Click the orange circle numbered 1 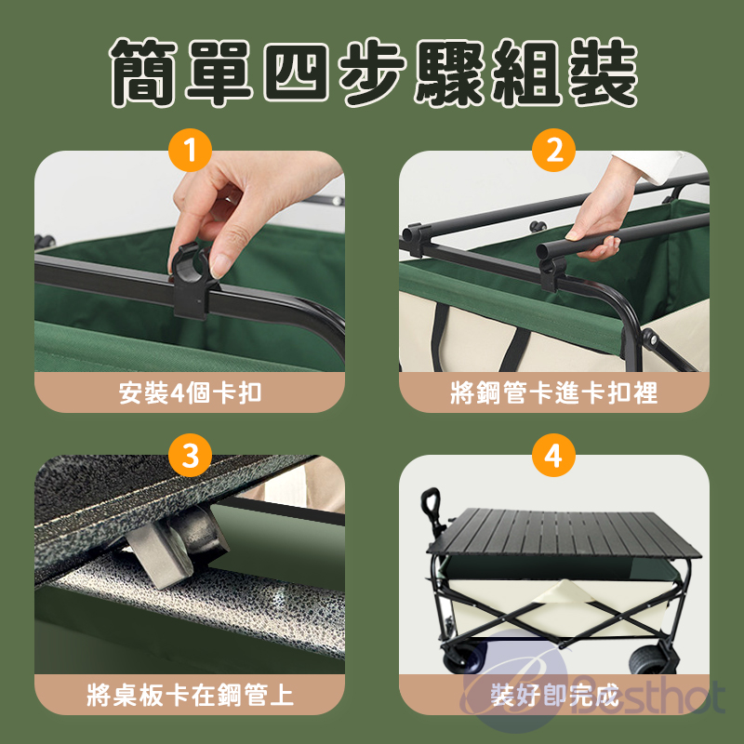(x=190, y=150)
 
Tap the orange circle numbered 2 (x=553, y=150)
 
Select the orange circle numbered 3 (x=190, y=455)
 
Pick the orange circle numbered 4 (x=553, y=455)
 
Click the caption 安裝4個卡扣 (x=190, y=392)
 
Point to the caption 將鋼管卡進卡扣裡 (x=553, y=392)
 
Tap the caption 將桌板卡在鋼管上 (x=190, y=695)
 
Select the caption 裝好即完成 (x=554, y=695)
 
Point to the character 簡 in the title (x=143, y=73)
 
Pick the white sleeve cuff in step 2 (x=659, y=166)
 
